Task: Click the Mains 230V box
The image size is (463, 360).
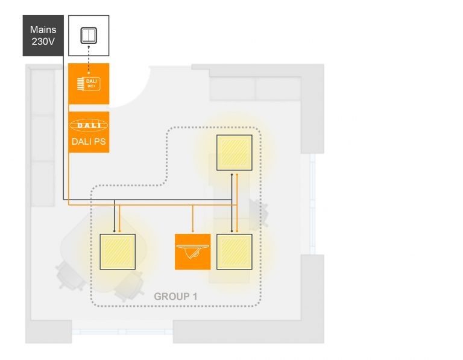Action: pyautogui.click(x=43, y=36)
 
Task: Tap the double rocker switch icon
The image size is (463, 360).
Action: pyautogui.click(x=89, y=36)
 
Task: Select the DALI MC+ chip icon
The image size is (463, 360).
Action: pyautogui.click(x=89, y=84)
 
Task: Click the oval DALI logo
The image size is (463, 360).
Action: pyautogui.click(x=89, y=125)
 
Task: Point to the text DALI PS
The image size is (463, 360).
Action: pyautogui.click(x=89, y=142)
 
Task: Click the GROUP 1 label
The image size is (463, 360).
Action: pyautogui.click(x=175, y=296)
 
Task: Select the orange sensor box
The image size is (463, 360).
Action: pyautogui.click(x=193, y=252)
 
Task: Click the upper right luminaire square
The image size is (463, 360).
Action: pyautogui.click(x=235, y=153)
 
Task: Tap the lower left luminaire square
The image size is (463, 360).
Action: pyautogui.click(x=118, y=252)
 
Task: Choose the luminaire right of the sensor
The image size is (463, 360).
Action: pyautogui.click(x=235, y=252)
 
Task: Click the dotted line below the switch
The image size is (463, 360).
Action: pyautogui.click(x=89, y=60)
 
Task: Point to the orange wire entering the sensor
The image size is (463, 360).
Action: pyautogui.click(x=193, y=218)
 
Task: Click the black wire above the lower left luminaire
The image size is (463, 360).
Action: pyautogui.click(x=115, y=216)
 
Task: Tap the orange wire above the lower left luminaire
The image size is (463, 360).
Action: pyautogui.click(x=119, y=218)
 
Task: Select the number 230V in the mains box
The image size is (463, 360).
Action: pyautogui.click(x=43, y=42)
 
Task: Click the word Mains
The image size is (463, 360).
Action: pyautogui.click(x=43, y=30)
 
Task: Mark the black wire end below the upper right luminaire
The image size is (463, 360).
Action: pyautogui.click(x=231, y=174)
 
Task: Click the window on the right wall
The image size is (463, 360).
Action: pyautogui.click(x=312, y=204)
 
